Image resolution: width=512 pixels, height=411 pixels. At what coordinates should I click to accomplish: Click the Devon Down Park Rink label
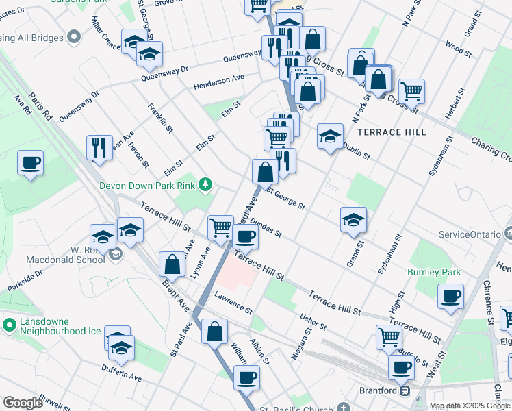point(146,185)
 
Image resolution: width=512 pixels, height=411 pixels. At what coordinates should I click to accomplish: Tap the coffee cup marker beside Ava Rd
point(31,164)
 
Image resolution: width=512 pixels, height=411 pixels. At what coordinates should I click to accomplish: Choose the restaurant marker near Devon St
point(99,147)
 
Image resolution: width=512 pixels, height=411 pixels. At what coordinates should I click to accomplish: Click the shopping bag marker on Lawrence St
point(215,331)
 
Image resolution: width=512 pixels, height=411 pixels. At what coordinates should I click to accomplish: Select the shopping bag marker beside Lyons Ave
point(172,264)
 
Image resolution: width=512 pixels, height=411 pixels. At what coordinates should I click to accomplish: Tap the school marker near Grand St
point(353,220)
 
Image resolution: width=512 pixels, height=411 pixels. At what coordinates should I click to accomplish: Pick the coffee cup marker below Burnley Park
point(450,297)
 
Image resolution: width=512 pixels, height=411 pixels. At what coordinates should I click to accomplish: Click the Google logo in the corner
point(22,403)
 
